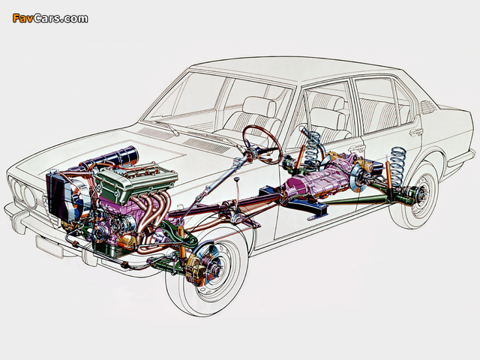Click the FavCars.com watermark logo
pyautogui.click(x=50, y=18)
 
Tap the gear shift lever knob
pyautogui.click(x=236, y=178)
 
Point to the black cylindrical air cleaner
pyautogui.click(x=121, y=157)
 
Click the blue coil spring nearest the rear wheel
pyautogui.click(x=397, y=166)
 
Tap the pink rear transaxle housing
pyautogui.click(x=318, y=178)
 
